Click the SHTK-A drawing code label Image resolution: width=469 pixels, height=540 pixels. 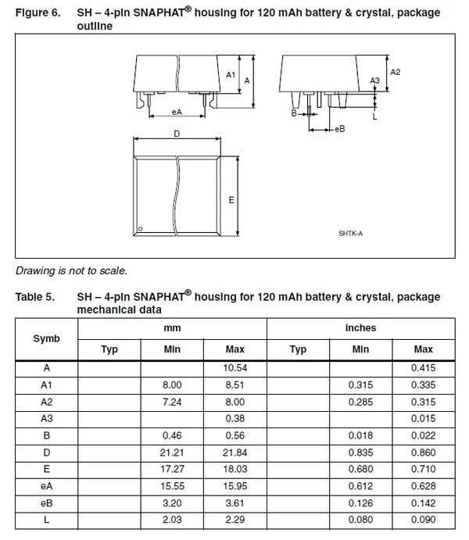click(x=351, y=232)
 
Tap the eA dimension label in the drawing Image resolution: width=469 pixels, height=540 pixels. click(x=177, y=113)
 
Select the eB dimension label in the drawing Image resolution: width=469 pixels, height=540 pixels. click(x=339, y=128)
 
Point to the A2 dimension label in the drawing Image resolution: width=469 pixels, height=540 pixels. click(x=395, y=72)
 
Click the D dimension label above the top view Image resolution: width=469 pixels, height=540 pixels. click(x=177, y=134)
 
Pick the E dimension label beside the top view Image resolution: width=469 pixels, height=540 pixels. click(x=231, y=200)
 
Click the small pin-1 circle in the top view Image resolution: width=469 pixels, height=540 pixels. click(x=140, y=229)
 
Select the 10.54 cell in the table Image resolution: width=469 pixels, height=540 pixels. click(x=235, y=367)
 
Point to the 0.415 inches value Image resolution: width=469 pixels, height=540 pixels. click(x=423, y=367)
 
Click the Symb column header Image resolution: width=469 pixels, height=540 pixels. click(x=46, y=338)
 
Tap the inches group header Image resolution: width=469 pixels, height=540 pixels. click(x=360, y=328)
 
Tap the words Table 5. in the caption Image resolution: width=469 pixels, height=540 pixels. click(x=35, y=297)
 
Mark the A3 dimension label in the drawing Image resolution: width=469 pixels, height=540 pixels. click(x=374, y=80)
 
